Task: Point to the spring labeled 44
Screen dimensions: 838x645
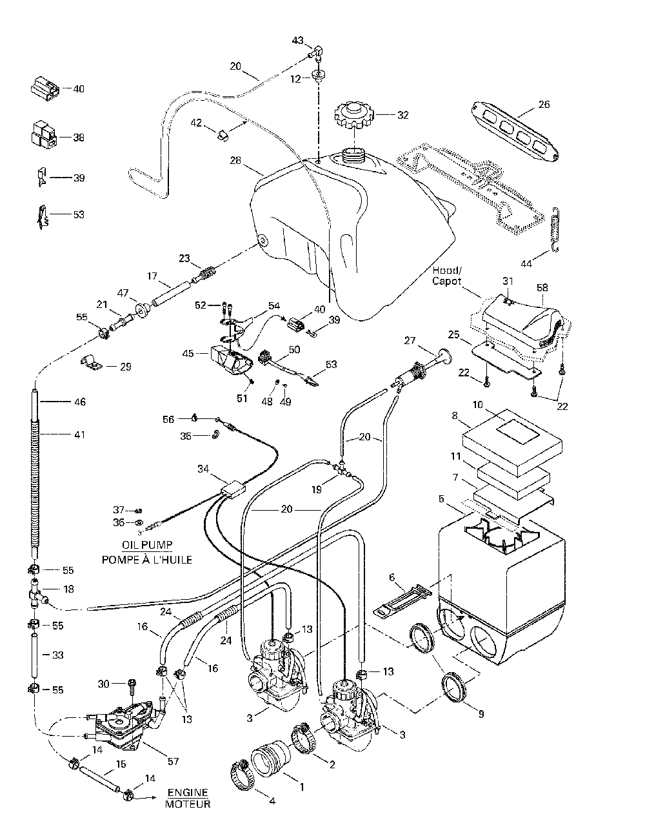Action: point(557,229)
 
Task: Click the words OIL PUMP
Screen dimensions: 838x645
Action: point(146,544)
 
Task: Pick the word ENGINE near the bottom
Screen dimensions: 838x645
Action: point(188,792)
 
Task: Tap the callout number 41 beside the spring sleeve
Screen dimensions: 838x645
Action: point(79,434)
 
